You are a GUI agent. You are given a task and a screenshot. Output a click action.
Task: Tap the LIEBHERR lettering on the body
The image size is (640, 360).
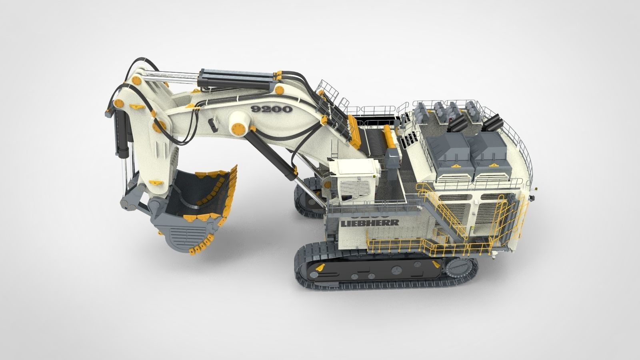(x=370, y=223)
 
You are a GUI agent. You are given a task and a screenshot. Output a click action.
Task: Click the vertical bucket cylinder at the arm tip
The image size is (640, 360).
(x=122, y=132)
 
